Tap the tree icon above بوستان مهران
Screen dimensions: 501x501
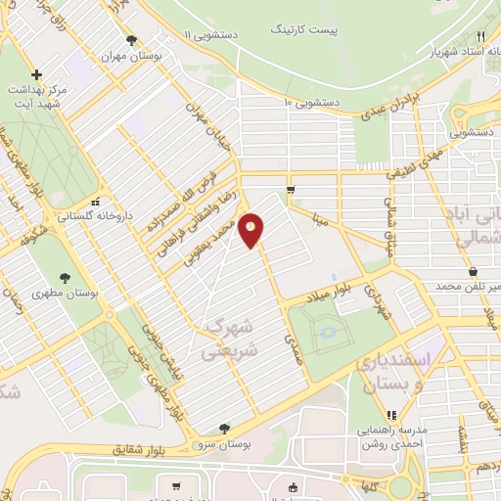131,40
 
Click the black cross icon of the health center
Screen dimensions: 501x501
36,74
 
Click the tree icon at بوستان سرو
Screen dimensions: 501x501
225,428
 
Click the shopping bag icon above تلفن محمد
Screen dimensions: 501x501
474,270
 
